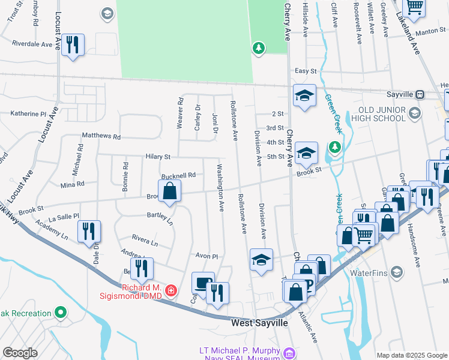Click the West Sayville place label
[x=259, y=323]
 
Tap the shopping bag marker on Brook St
[x=170, y=191]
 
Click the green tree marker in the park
[x=259, y=47]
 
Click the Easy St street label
[x=305, y=71]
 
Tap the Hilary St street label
[x=158, y=156]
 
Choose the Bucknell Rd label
[x=178, y=175]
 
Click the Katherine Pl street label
[x=28, y=113]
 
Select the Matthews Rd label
[x=101, y=136]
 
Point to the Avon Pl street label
[x=205, y=255]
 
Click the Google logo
[x=20, y=352]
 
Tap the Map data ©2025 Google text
[x=411, y=355]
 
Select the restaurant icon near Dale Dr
[x=89, y=231]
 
